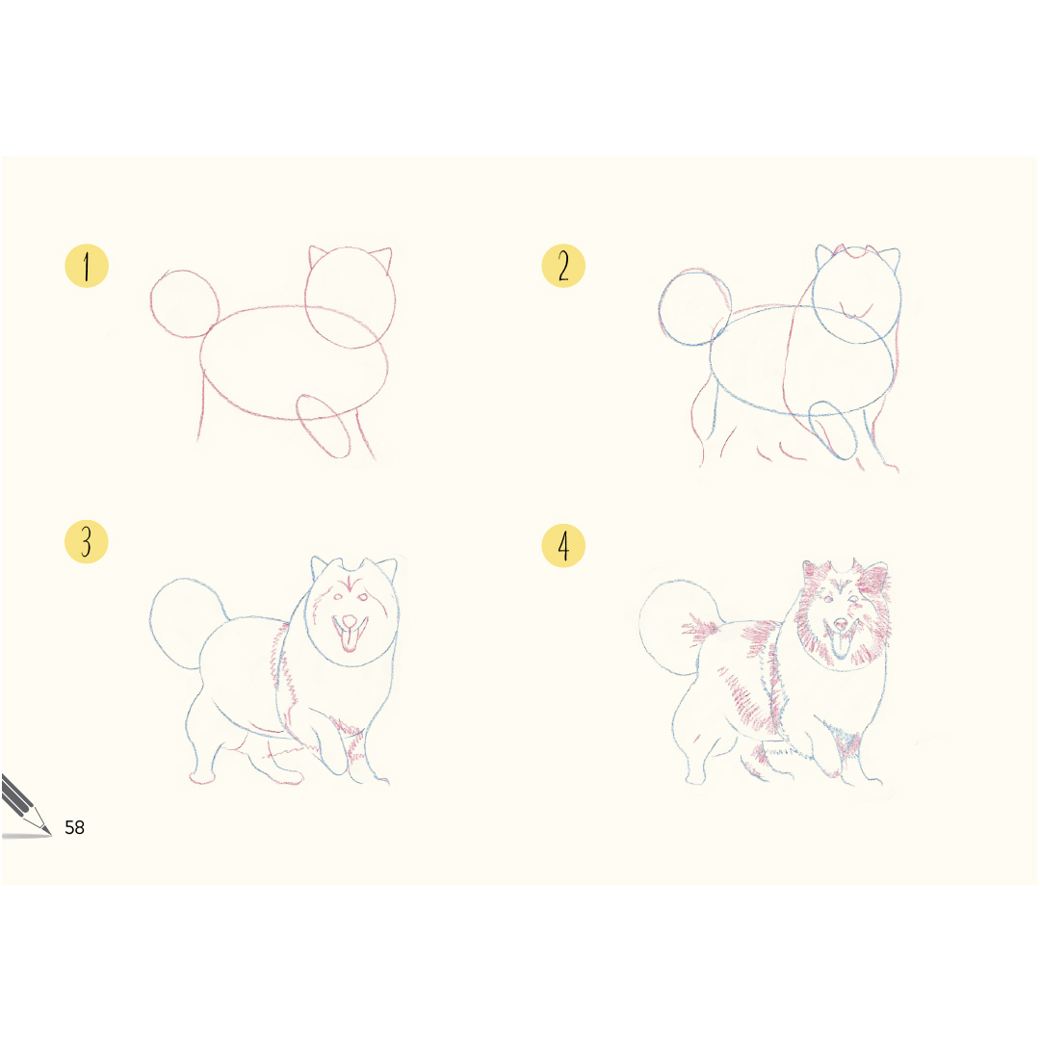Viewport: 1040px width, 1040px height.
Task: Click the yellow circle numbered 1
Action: [87, 266]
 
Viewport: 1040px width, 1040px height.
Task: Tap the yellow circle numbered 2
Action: [563, 266]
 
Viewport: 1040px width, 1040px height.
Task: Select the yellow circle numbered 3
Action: [87, 542]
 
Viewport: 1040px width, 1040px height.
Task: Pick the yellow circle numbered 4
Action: [563, 546]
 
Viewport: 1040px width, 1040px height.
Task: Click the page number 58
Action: [74, 827]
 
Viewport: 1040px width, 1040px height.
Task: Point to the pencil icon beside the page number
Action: [25, 806]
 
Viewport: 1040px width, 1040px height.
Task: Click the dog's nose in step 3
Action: [349, 621]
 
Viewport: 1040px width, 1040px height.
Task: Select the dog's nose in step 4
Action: [841, 624]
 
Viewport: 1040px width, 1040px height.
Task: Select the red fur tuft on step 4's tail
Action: [700, 629]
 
